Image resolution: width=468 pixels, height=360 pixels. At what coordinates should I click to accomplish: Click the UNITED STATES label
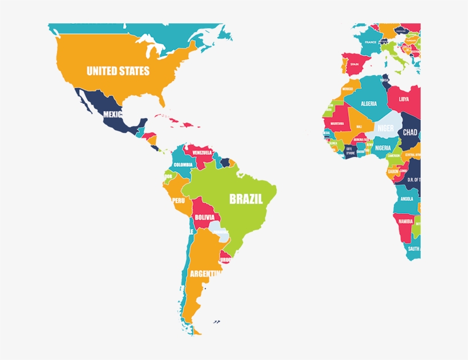[118, 71]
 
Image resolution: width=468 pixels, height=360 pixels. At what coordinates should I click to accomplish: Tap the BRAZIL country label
[246, 199]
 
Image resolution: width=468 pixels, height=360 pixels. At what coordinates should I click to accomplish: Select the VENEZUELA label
[202, 153]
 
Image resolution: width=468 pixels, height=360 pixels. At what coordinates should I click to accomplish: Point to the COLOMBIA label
[183, 165]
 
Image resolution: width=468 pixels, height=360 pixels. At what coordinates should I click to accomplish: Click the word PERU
[179, 200]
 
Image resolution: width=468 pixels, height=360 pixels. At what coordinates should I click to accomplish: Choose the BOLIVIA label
[204, 217]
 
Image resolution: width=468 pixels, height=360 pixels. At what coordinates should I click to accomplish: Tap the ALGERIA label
[369, 104]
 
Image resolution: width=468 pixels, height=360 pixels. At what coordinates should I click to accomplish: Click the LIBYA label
[404, 99]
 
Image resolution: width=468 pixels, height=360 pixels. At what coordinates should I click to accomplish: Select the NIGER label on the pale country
[385, 128]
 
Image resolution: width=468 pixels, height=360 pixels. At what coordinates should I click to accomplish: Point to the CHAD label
[410, 132]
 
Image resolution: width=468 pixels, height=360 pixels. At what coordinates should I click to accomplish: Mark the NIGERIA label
[383, 148]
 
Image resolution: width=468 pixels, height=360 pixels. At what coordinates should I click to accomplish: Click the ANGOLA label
[407, 199]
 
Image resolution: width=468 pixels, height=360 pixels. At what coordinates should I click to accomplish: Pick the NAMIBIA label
[406, 221]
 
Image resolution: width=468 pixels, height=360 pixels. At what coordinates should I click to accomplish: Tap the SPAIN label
[354, 64]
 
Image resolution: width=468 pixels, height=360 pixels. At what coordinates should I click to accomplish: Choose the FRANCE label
[371, 42]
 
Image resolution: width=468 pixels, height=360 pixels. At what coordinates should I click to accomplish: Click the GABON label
[393, 171]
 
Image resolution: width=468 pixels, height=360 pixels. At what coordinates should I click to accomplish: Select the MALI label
[359, 127]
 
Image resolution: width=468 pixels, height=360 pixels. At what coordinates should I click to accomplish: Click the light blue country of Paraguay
[219, 230]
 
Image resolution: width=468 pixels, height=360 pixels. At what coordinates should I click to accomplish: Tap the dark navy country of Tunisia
[385, 80]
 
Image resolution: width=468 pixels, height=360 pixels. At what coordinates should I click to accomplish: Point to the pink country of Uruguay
[226, 258]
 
